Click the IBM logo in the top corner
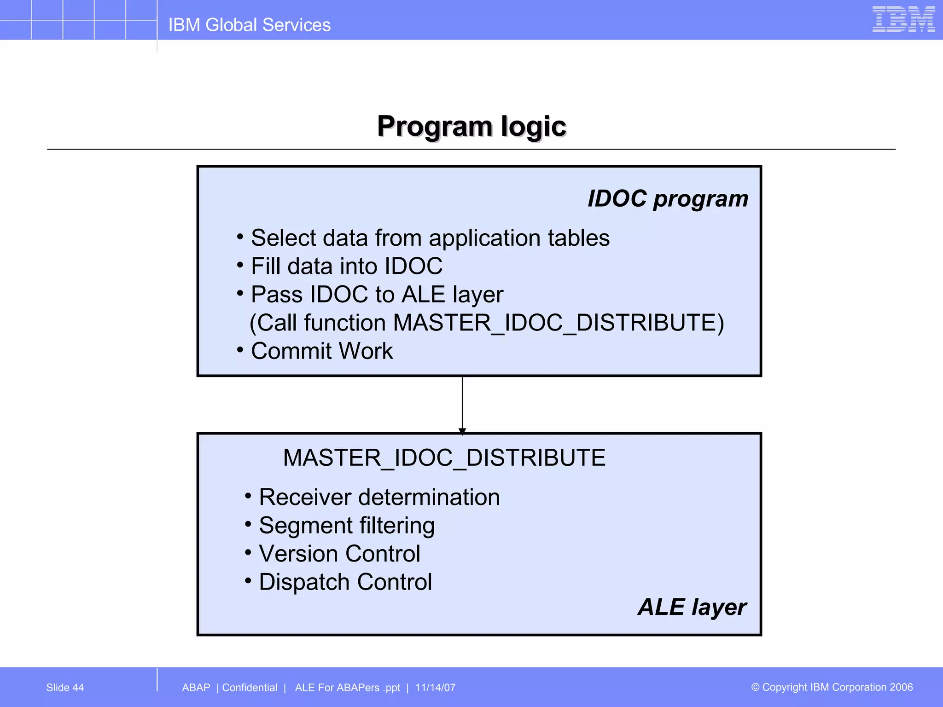click(x=903, y=19)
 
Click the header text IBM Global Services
click(x=249, y=25)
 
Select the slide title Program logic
click(x=471, y=126)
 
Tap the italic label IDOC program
click(x=668, y=199)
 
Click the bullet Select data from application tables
click(x=430, y=238)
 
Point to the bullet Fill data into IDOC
click(x=346, y=267)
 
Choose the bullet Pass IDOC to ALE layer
click(x=377, y=295)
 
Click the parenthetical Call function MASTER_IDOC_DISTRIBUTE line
click(x=487, y=323)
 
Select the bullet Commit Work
click(x=321, y=351)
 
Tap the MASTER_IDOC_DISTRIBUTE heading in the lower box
click(x=444, y=458)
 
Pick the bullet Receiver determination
click(x=379, y=498)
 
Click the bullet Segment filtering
click(x=346, y=526)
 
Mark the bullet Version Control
click(x=339, y=554)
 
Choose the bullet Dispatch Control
click(x=345, y=582)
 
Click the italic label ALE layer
click(x=692, y=607)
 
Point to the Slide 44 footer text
click(x=65, y=688)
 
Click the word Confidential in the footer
click(x=250, y=688)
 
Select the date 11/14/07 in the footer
click(x=435, y=688)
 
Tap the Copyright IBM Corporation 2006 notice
click(x=832, y=687)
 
